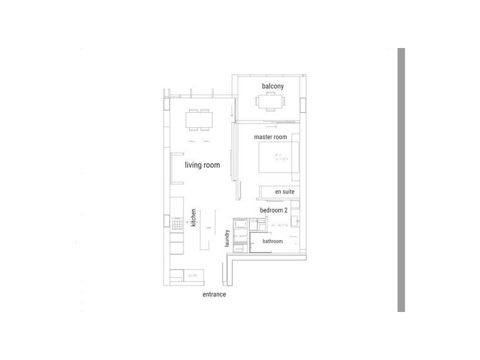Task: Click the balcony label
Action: tap(272, 86)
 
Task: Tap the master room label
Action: tap(270, 137)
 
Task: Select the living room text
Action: tap(202, 165)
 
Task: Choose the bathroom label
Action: tap(272, 241)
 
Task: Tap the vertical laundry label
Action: tap(228, 238)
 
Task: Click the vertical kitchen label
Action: tap(194, 217)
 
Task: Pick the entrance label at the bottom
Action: tap(214, 295)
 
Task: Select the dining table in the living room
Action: tap(199, 121)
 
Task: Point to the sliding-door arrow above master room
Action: tap(272, 127)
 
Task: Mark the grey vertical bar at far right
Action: tap(401, 180)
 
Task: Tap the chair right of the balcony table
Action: tap(287, 103)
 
